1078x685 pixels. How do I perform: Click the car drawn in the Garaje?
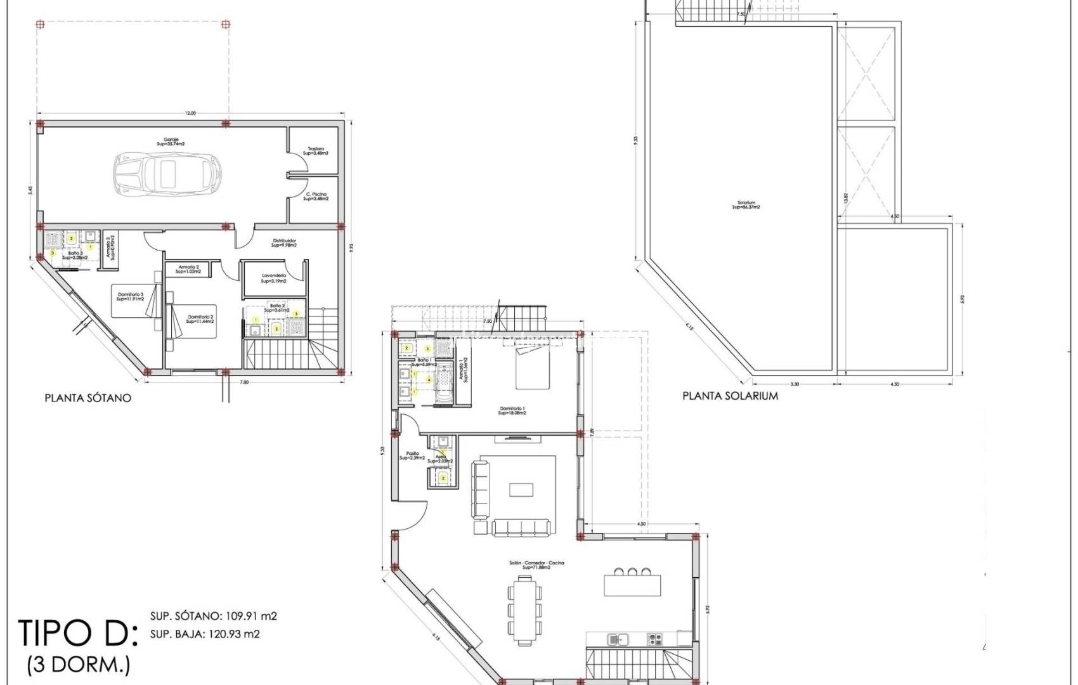point(167,173)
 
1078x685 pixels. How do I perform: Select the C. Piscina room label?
point(316,196)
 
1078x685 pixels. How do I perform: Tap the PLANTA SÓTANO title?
point(88,398)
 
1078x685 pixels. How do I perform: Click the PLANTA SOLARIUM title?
point(730,396)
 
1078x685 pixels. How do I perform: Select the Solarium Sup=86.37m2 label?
point(746,205)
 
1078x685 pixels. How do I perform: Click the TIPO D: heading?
point(78,632)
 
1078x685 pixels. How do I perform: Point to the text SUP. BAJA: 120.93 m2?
point(205,634)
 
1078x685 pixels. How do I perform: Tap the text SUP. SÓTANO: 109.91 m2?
point(213,616)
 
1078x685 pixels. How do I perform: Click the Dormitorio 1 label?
point(512,410)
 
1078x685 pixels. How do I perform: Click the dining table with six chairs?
point(524,611)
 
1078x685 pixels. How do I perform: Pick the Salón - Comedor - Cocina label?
point(536,564)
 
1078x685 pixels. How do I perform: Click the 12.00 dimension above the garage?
point(190,114)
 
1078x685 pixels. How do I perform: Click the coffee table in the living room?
point(521,490)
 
